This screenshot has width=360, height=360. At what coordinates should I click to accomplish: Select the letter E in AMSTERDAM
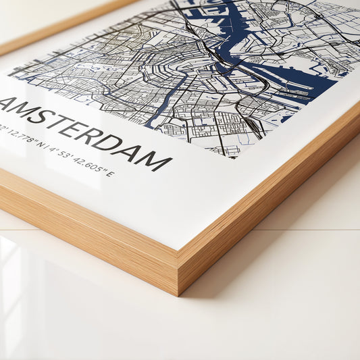(82, 132)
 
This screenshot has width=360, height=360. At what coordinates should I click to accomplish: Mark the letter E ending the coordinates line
(111, 175)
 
